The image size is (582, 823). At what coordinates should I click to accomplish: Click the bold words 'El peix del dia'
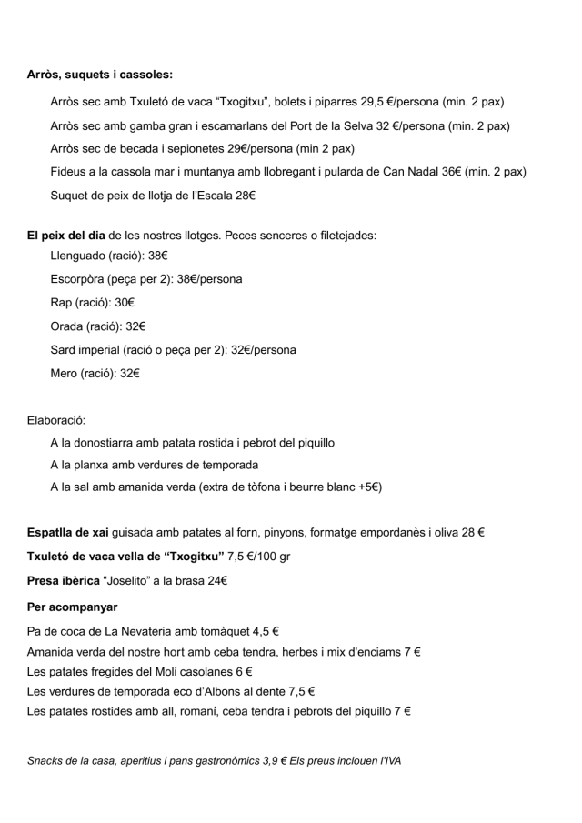pos(66,236)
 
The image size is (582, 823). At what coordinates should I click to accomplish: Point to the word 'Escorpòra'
pos(78,279)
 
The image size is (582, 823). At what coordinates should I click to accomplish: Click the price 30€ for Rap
pos(125,303)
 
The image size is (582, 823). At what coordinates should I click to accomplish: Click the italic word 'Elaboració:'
pos(56,420)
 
